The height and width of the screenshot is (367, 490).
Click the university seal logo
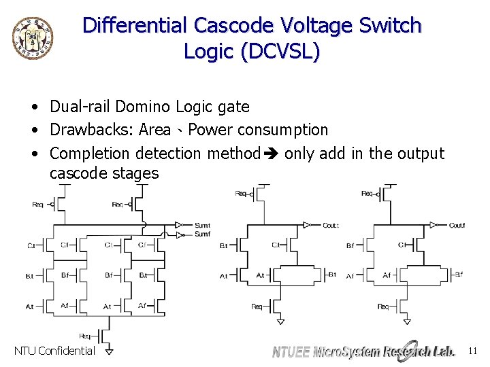click(x=32, y=35)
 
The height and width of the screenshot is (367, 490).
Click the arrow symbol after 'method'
click(x=272, y=154)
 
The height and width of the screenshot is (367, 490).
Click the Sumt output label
click(x=202, y=225)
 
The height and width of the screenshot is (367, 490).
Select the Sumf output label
click(x=202, y=234)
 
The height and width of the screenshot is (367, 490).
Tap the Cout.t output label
click(x=331, y=225)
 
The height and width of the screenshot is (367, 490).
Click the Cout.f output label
click(x=457, y=225)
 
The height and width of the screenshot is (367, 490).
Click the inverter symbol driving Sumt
click(x=178, y=224)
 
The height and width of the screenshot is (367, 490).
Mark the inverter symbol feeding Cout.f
click(x=434, y=225)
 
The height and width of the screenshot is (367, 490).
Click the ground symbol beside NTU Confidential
click(x=108, y=351)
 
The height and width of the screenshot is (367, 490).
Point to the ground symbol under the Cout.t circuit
click(x=280, y=320)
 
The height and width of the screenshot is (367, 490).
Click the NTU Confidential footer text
click(x=54, y=351)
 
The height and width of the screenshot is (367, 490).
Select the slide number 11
click(x=473, y=351)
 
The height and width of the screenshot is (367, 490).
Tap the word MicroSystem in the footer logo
click(x=347, y=351)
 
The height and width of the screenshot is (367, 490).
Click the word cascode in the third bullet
click(x=77, y=173)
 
